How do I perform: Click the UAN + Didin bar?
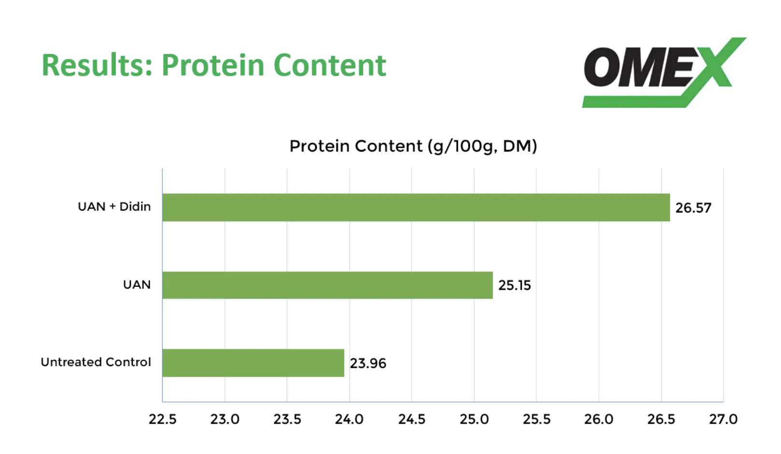[x=416, y=207]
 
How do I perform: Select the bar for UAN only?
[x=328, y=285]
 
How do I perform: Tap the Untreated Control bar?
[x=253, y=363]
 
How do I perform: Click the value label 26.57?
[x=693, y=208]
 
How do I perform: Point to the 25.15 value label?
[x=514, y=285]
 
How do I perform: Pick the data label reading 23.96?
[x=368, y=364]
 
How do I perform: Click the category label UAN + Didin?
[x=114, y=207]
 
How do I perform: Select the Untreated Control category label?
[x=96, y=362]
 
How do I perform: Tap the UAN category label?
[x=137, y=285]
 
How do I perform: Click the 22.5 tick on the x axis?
[x=163, y=419]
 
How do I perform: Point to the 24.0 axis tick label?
[x=349, y=419]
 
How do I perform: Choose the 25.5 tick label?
[x=536, y=419]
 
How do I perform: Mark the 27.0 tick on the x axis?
[x=724, y=419]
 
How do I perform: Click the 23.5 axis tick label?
[x=287, y=419]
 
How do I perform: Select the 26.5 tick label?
[x=661, y=419]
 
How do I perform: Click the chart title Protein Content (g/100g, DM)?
[x=413, y=146]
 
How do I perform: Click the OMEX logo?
[x=664, y=72]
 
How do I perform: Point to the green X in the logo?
[x=718, y=63]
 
